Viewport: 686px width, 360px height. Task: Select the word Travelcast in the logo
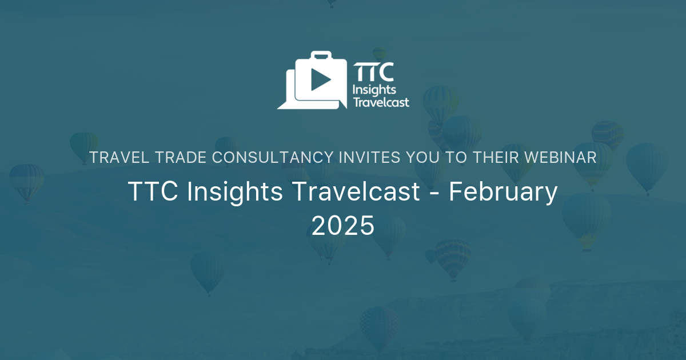coord(381,103)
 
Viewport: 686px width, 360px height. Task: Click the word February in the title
coord(503,193)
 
